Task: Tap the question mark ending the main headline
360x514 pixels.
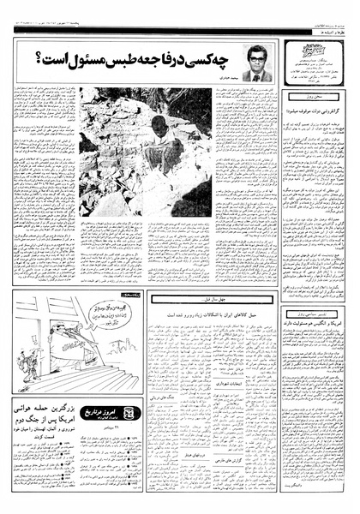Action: pyautogui.click(x=40, y=59)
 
